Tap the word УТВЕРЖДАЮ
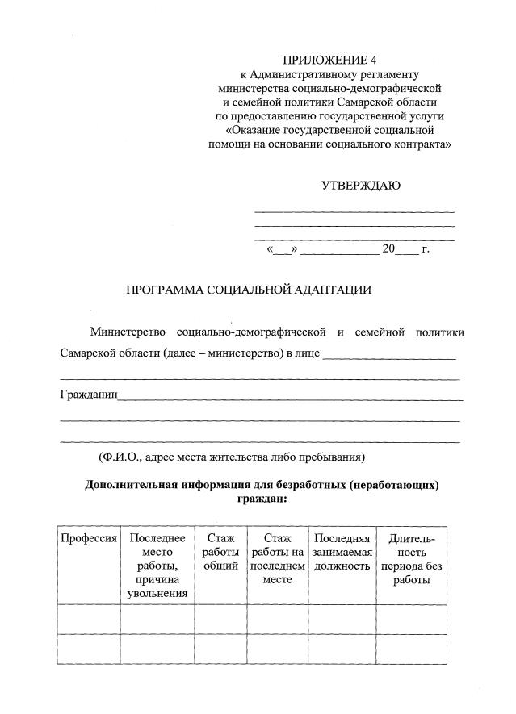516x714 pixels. coord(360,185)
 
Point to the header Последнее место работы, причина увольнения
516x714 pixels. coord(157,566)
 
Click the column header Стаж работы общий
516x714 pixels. coord(220,552)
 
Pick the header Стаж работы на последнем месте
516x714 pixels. coord(277,558)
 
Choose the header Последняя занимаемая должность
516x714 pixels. coord(342,552)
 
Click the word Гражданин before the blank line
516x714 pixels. coord(89,395)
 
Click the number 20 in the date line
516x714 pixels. coord(388,249)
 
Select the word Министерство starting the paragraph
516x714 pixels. coord(128,332)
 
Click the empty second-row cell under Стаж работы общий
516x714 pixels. coord(220,649)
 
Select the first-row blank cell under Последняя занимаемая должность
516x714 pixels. coord(342,620)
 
